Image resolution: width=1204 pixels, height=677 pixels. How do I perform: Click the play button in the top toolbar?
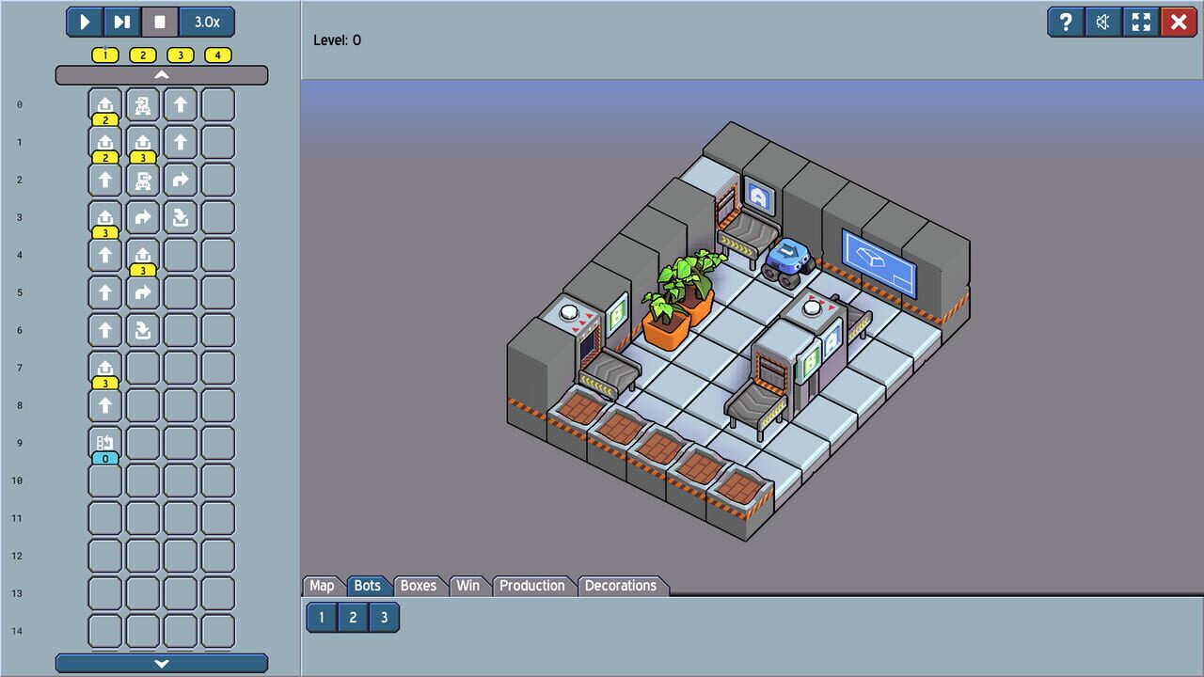[x=85, y=22]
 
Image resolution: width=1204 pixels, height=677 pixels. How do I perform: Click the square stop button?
[x=160, y=22]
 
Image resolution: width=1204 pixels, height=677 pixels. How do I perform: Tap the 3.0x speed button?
[x=207, y=22]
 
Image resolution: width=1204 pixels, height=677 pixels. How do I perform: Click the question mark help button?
[x=1066, y=22]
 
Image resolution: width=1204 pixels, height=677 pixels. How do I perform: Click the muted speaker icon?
[x=1103, y=22]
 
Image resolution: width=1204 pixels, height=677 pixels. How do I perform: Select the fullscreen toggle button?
[x=1141, y=22]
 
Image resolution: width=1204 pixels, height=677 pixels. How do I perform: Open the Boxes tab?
[x=419, y=586]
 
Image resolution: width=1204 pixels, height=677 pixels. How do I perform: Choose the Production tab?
[x=532, y=586]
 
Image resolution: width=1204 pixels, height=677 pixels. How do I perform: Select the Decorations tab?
[x=621, y=586]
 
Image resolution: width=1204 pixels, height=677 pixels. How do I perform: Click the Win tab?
[x=468, y=586]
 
